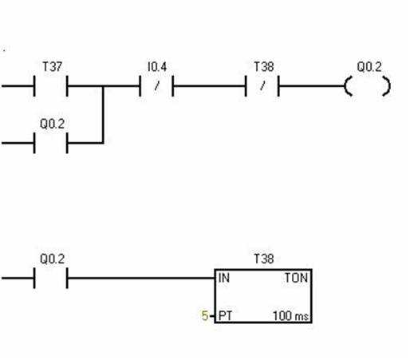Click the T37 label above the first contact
click(53, 66)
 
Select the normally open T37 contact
click(50, 86)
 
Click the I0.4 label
click(157, 66)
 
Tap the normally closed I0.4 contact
click(156, 86)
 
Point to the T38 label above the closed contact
click(264, 66)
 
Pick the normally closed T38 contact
click(262, 86)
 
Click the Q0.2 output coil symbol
click(368, 86)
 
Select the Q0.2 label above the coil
click(369, 66)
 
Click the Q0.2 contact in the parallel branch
click(50, 143)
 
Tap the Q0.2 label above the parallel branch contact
click(53, 124)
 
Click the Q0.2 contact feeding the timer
click(50, 278)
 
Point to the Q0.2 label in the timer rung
click(53, 259)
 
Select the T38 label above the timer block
click(264, 259)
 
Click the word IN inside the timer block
click(224, 278)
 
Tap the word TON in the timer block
click(297, 278)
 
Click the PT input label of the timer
click(225, 316)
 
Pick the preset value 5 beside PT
click(204, 316)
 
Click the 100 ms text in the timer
click(290, 316)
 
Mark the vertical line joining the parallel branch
click(103, 114)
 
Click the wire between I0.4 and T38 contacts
click(209, 86)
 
